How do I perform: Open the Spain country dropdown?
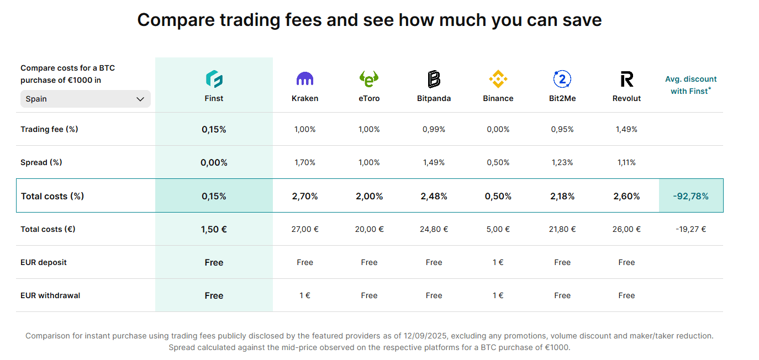tap(85, 99)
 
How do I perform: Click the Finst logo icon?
tap(214, 79)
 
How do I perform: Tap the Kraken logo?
tap(305, 79)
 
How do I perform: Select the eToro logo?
tap(369, 79)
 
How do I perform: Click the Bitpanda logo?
tap(434, 79)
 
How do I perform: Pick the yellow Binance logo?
tap(498, 79)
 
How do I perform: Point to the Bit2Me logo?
tap(562, 79)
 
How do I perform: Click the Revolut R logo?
tap(626, 79)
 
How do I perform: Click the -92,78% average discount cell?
tap(691, 196)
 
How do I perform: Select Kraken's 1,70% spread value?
tap(305, 162)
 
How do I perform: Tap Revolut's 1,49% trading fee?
tap(626, 129)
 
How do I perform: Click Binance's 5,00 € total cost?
tap(498, 229)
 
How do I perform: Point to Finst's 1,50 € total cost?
tap(214, 229)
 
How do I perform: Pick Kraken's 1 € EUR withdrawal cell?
tap(305, 295)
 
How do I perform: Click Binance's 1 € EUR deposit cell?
tap(498, 262)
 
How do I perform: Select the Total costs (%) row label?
tap(52, 196)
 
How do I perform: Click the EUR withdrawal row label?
tap(50, 295)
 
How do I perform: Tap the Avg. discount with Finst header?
tap(691, 85)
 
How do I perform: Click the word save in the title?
tap(580, 20)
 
